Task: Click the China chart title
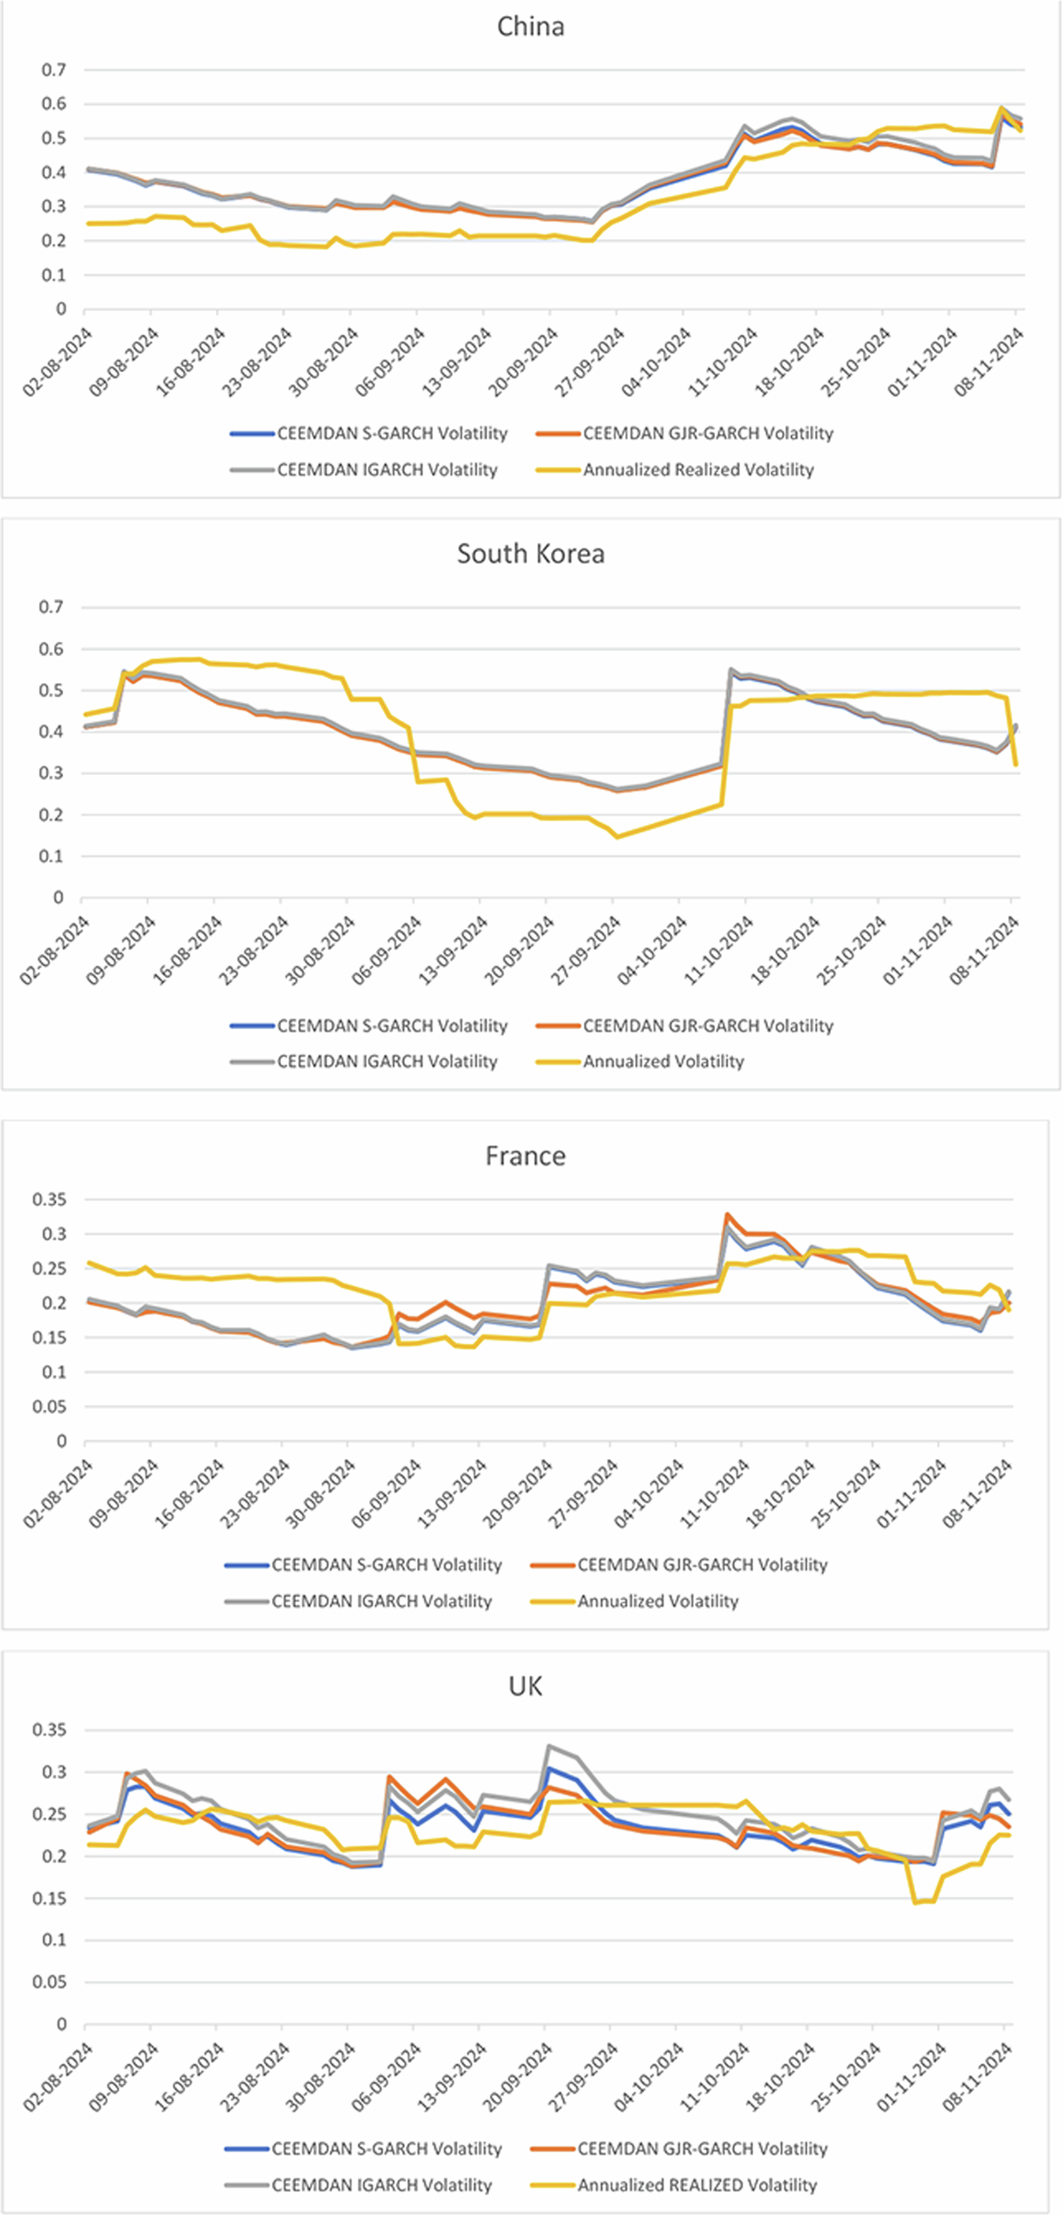point(531,27)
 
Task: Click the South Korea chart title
point(531,554)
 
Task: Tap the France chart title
point(525,1156)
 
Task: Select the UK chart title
point(525,1686)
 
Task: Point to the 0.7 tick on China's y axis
point(54,69)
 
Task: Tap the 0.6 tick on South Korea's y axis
point(50,649)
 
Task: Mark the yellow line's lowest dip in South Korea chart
point(617,836)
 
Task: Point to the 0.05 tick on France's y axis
point(49,1406)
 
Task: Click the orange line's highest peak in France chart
point(727,1215)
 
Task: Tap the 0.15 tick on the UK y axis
point(49,1899)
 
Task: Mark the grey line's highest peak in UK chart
point(549,1746)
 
